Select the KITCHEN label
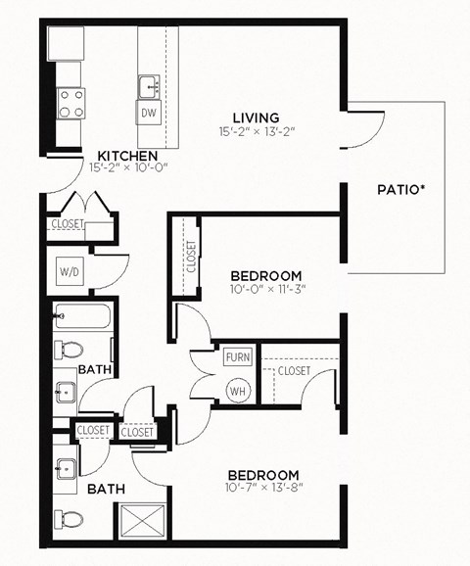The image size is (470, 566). tap(128, 155)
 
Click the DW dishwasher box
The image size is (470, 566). tap(149, 114)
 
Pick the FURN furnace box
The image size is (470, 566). tap(237, 357)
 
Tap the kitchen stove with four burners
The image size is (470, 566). tap(70, 103)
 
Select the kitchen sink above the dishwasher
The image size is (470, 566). tap(149, 86)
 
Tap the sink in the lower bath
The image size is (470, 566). tap(68, 468)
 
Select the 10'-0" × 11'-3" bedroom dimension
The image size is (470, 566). tap(266, 289)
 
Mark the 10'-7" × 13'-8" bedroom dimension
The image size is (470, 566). tap(265, 488)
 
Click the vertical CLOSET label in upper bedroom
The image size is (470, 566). tap(191, 257)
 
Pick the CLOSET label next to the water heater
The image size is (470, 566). tap(294, 371)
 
